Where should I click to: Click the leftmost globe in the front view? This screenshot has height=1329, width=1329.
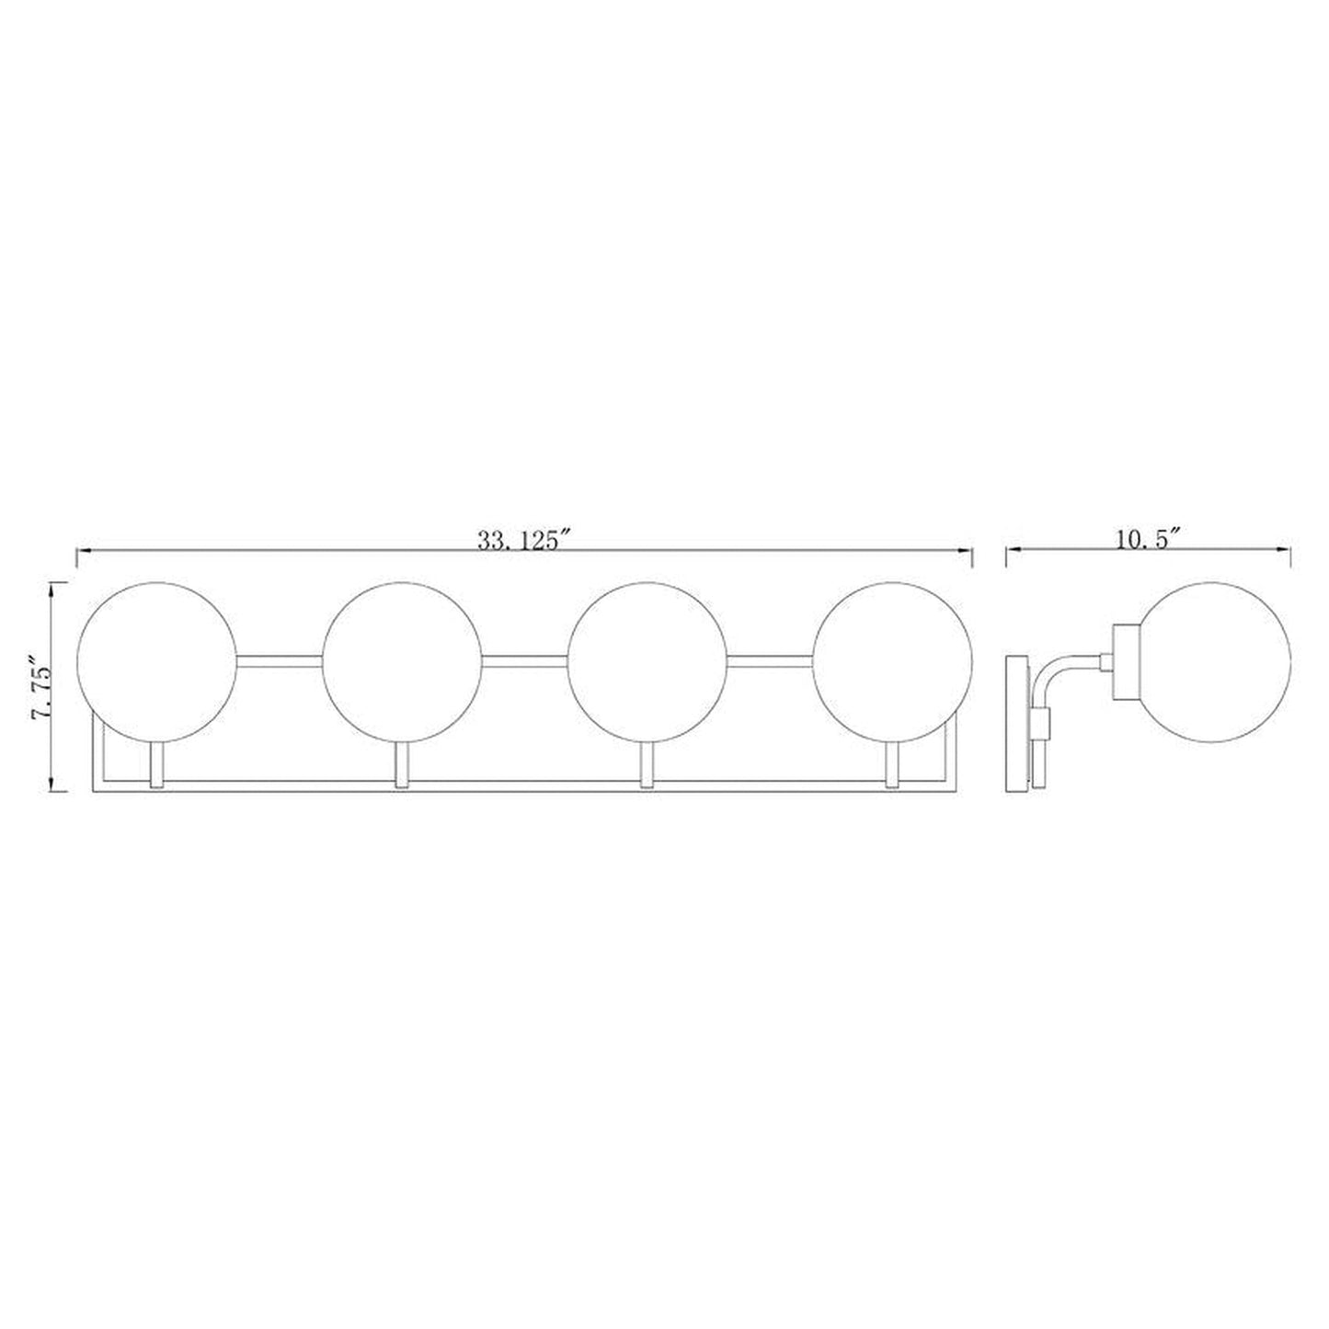pyautogui.click(x=157, y=661)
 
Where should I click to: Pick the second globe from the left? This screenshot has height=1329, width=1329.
pyautogui.click(x=403, y=661)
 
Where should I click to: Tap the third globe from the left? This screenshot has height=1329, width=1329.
pyautogui.click(x=647, y=661)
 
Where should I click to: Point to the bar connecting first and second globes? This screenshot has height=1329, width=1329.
pyautogui.click(x=280, y=659)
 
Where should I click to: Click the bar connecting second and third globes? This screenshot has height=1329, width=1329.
pyautogui.click(x=525, y=659)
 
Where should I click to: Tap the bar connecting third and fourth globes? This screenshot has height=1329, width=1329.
pyautogui.click(x=771, y=659)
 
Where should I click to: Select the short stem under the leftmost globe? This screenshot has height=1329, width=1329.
pyautogui.click(x=157, y=765)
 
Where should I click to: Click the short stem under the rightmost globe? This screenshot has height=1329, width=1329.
pyautogui.click(x=893, y=765)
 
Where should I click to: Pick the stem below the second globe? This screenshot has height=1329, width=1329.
pyautogui.click(x=402, y=765)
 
